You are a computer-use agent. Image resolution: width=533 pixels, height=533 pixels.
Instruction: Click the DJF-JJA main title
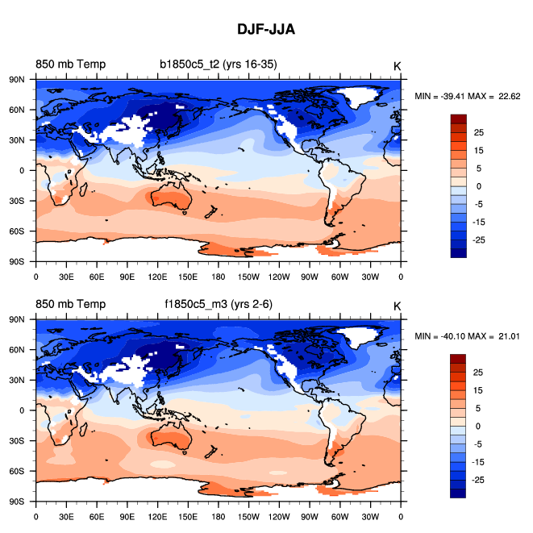[266, 30]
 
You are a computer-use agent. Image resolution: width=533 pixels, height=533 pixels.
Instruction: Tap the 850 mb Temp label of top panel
[70, 65]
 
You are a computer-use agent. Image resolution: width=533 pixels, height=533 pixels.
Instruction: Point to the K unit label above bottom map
[397, 306]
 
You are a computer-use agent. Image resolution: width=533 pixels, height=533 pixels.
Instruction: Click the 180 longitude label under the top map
[218, 275]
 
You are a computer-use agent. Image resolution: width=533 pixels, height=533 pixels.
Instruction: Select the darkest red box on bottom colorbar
[458, 358]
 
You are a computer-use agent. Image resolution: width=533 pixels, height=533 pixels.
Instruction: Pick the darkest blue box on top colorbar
[458, 252]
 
